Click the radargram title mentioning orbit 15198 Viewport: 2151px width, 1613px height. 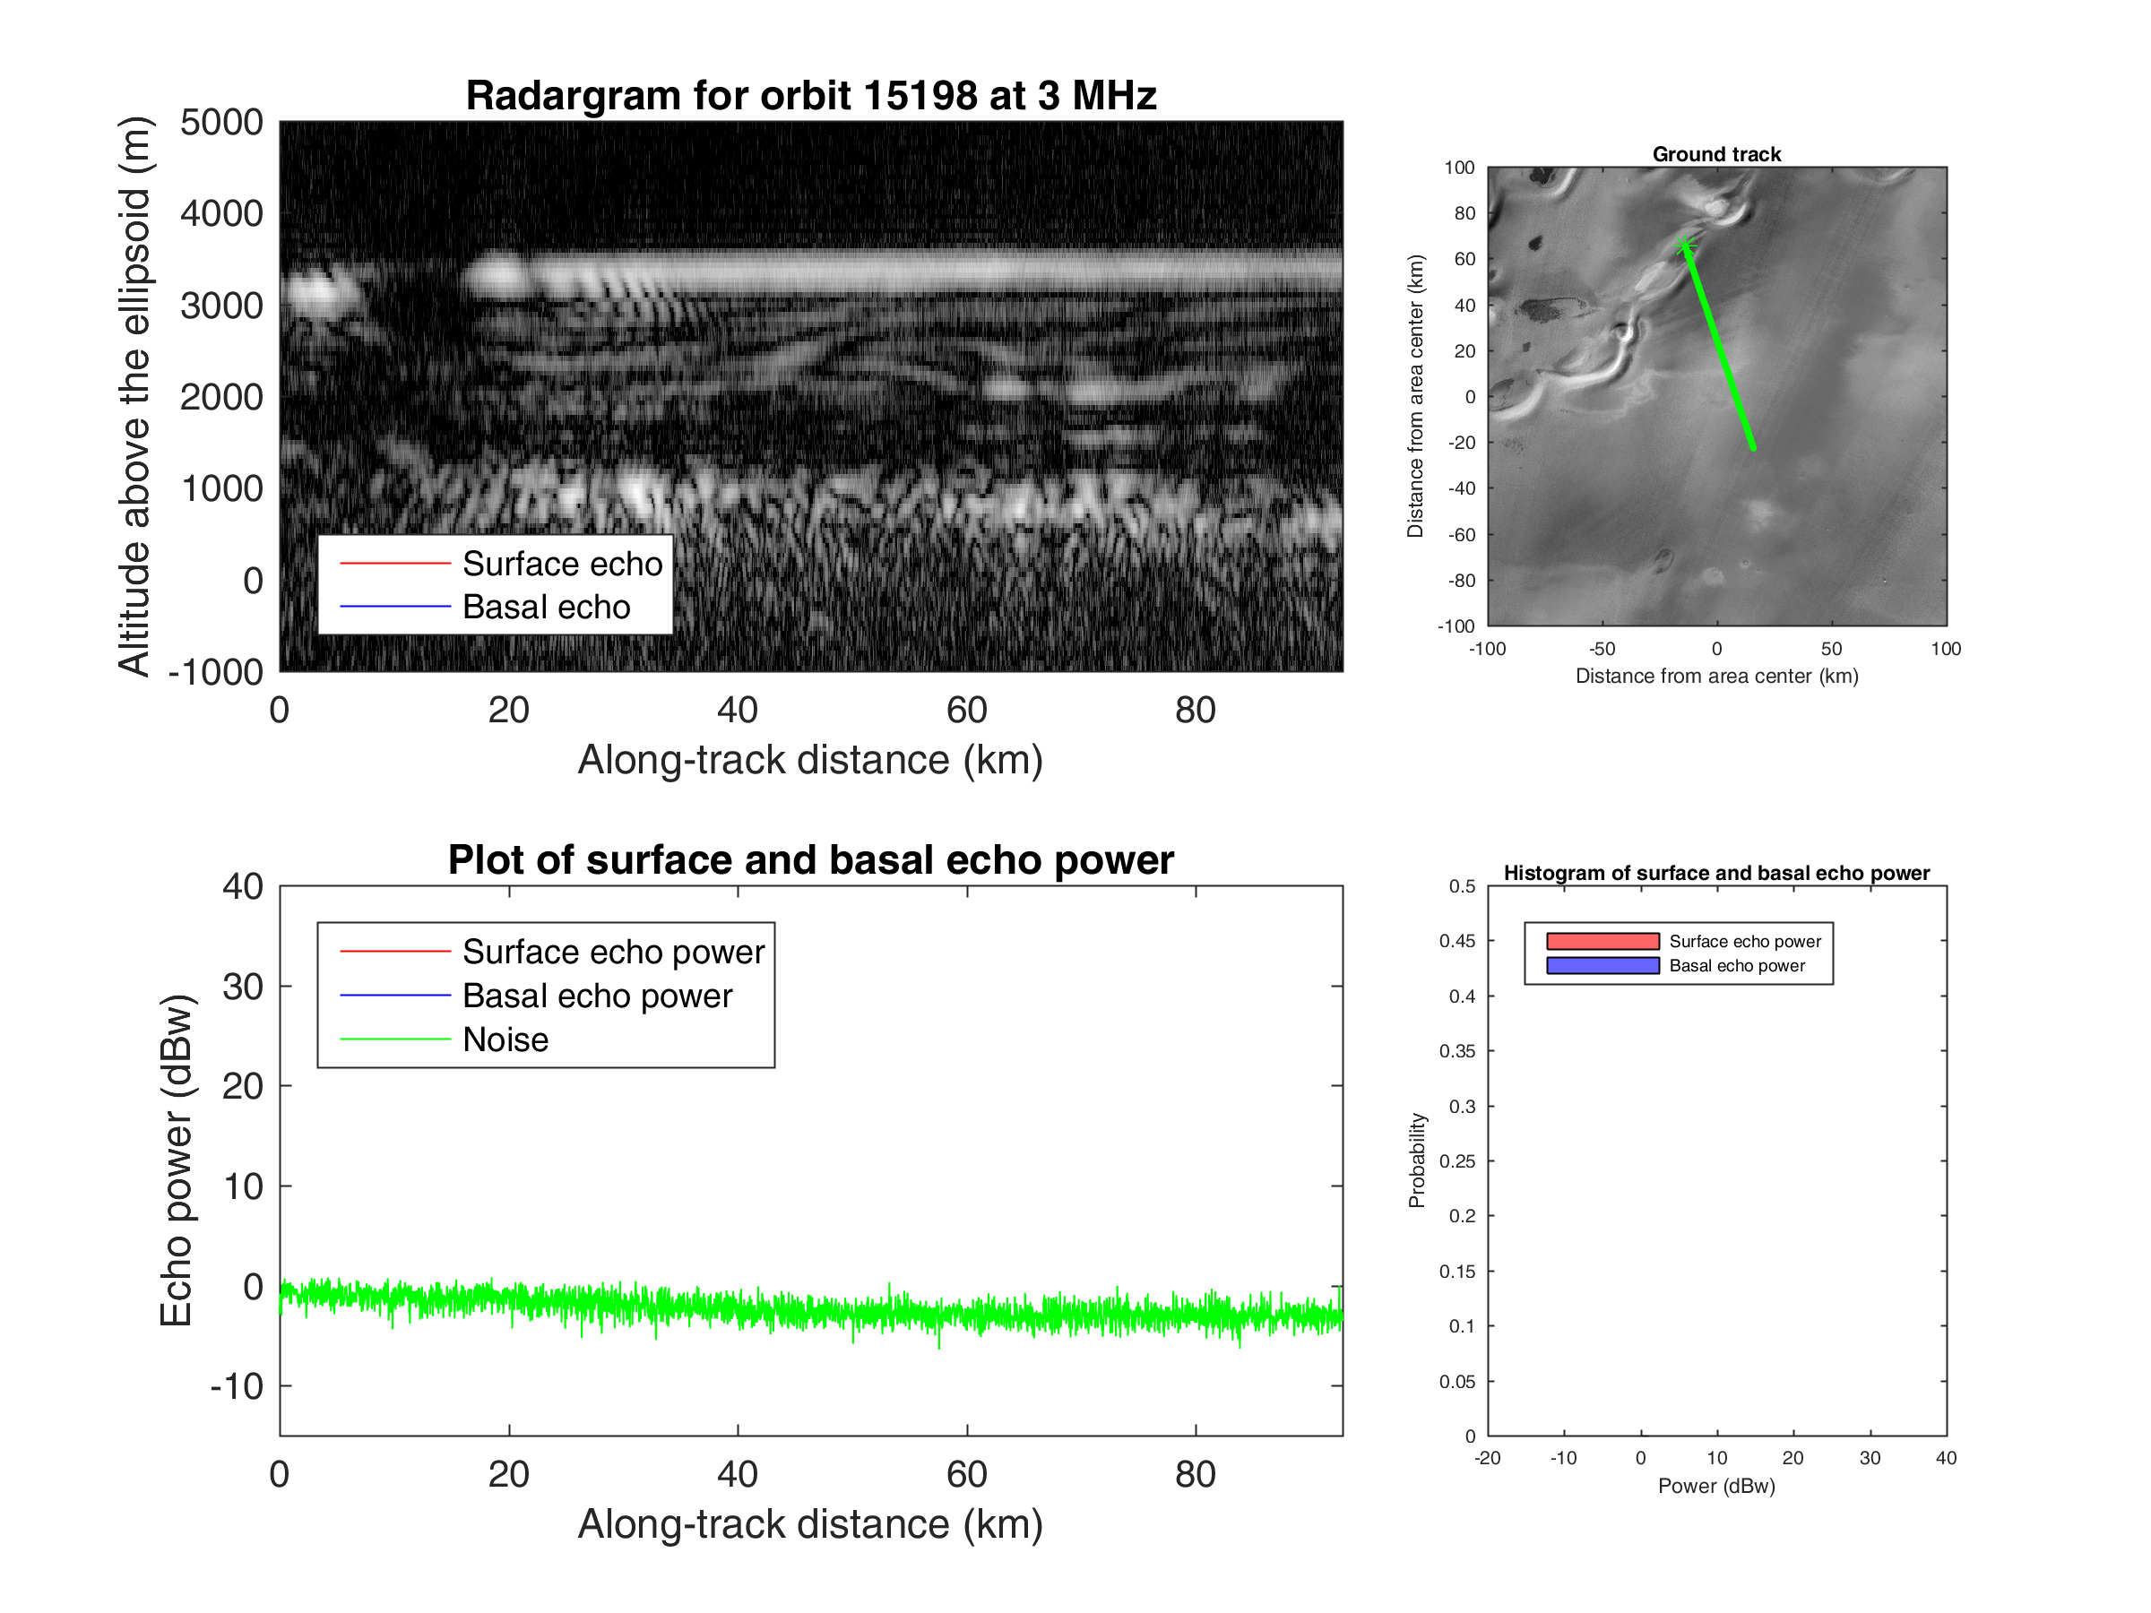pyautogui.click(x=810, y=95)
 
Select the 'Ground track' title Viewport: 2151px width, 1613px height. pyautogui.click(x=1715, y=153)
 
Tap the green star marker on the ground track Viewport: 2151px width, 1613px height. pyautogui.click(x=1685, y=245)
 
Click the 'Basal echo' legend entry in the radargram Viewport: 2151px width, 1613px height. pyautogui.click(x=546, y=607)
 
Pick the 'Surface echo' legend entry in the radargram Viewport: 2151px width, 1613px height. pyautogui.click(x=561, y=564)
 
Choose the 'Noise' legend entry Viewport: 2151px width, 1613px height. pyautogui.click(x=505, y=1039)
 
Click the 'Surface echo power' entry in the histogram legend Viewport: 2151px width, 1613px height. pyautogui.click(x=1744, y=941)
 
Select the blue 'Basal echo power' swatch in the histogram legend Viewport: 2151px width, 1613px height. pyautogui.click(x=1602, y=965)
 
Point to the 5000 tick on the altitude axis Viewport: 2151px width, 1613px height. pyautogui.click(x=221, y=123)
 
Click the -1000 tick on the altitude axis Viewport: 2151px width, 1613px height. pyautogui.click(x=216, y=672)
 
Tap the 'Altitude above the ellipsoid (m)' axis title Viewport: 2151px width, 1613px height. pyautogui.click(x=134, y=396)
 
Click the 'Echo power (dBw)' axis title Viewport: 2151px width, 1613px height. pyautogui.click(x=176, y=1160)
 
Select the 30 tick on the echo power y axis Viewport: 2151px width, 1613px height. pyautogui.click(x=242, y=986)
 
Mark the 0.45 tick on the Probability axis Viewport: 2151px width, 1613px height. pyautogui.click(x=1456, y=941)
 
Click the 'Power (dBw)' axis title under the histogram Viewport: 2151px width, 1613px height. pyautogui.click(x=1715, y=1486)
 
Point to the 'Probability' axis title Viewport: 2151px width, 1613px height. pyautogui.click(x=1416, y=1160)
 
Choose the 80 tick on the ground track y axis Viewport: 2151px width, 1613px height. pyautogui.click(x=1464, y=213)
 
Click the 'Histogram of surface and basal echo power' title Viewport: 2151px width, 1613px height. pyautogui.click(x=1715, y=872)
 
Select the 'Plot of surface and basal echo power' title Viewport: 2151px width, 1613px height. pyautogui.click(x=810, y=859)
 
